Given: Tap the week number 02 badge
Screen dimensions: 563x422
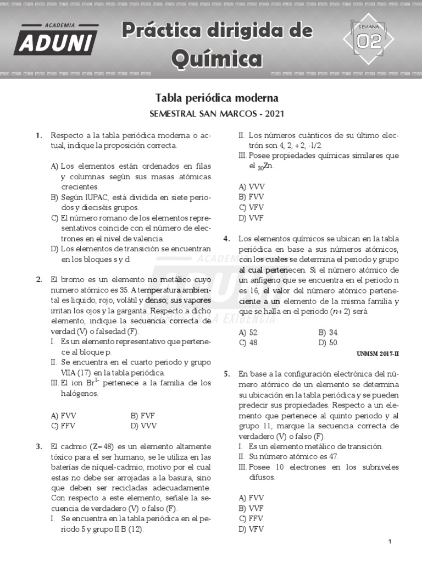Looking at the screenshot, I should (369, 41).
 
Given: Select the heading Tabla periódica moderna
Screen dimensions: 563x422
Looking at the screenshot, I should (217, 98).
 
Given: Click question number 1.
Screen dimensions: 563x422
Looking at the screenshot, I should (39, 135).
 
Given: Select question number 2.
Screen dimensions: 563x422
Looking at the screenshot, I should (39, 279).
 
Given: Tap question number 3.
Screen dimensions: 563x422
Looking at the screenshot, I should (39, 446).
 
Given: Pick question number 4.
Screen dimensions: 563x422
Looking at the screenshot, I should (226, 239).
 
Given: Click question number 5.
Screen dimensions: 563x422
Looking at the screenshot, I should (226, 374).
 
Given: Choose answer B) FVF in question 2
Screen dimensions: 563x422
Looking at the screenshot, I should (143, 416).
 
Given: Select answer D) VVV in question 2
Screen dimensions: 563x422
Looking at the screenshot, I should (143, 426).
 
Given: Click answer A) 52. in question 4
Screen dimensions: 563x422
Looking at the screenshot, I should (249, 333).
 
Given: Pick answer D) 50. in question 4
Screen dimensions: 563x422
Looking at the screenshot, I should (329, 343).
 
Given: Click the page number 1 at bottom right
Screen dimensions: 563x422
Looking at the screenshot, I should (390, 542).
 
